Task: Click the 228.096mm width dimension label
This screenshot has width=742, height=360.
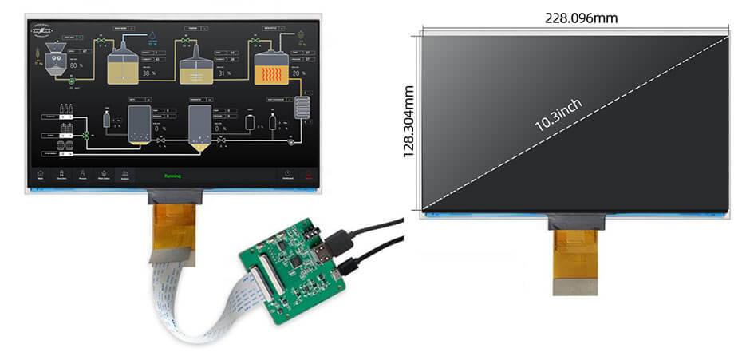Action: tap(581, 18)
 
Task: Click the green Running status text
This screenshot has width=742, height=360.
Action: tap(172, 176)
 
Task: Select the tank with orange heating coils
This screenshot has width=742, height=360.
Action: tap(270, 69)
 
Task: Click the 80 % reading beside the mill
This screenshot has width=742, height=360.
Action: tap(78, 65)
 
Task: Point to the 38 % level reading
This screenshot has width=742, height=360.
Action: tap(148, 73)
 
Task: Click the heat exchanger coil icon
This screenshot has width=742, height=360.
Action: tap(301, 107)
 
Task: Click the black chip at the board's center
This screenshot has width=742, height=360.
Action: tap(296, 260)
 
